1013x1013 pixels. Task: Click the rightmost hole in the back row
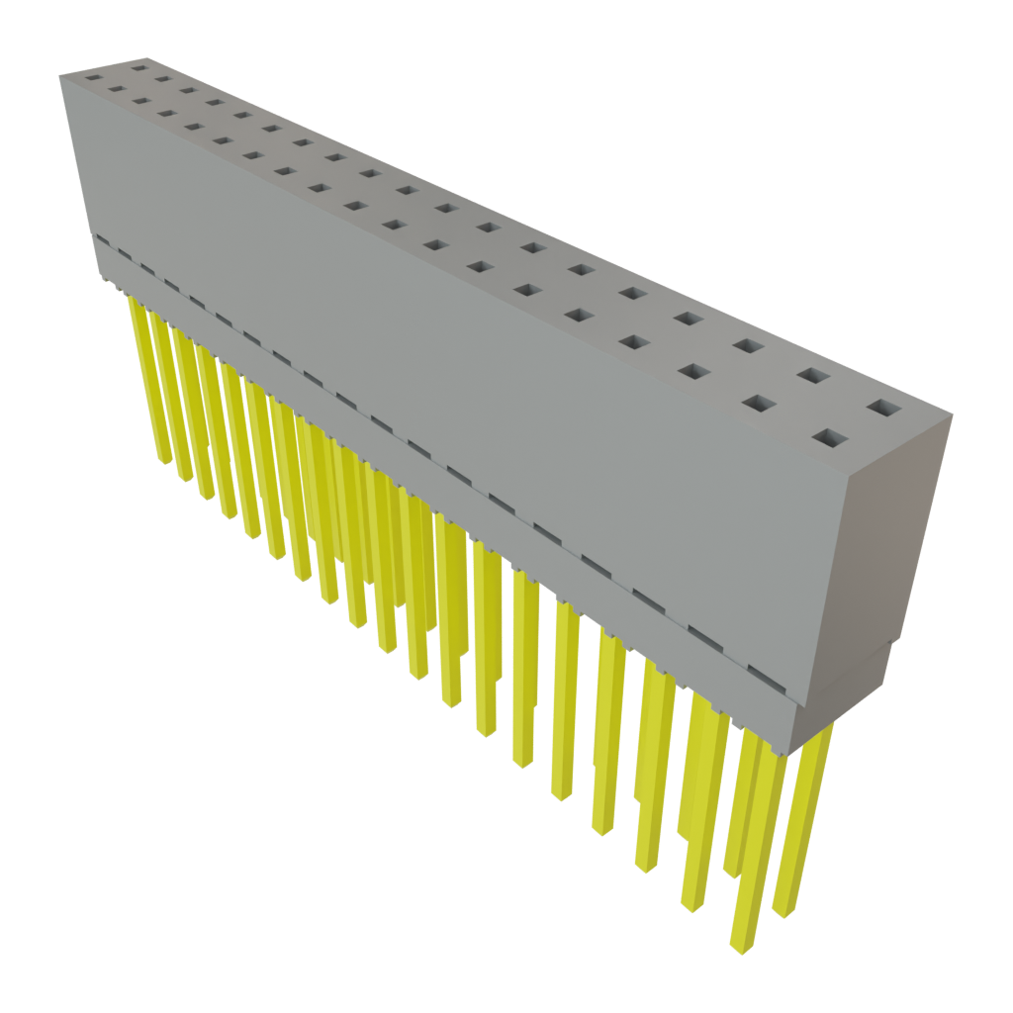pos(885,407)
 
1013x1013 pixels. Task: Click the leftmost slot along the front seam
pos(102,241)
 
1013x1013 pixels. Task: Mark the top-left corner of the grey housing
pos(61,75)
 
